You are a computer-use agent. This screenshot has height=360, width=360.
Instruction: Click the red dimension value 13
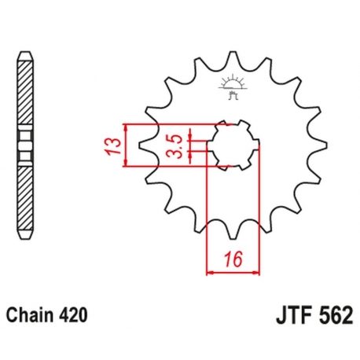[115, 145]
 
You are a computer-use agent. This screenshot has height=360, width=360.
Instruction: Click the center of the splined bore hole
[233, 145]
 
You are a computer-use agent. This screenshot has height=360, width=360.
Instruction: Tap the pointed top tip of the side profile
[27, 57]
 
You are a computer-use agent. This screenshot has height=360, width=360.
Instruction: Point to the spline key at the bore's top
[233, 123]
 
